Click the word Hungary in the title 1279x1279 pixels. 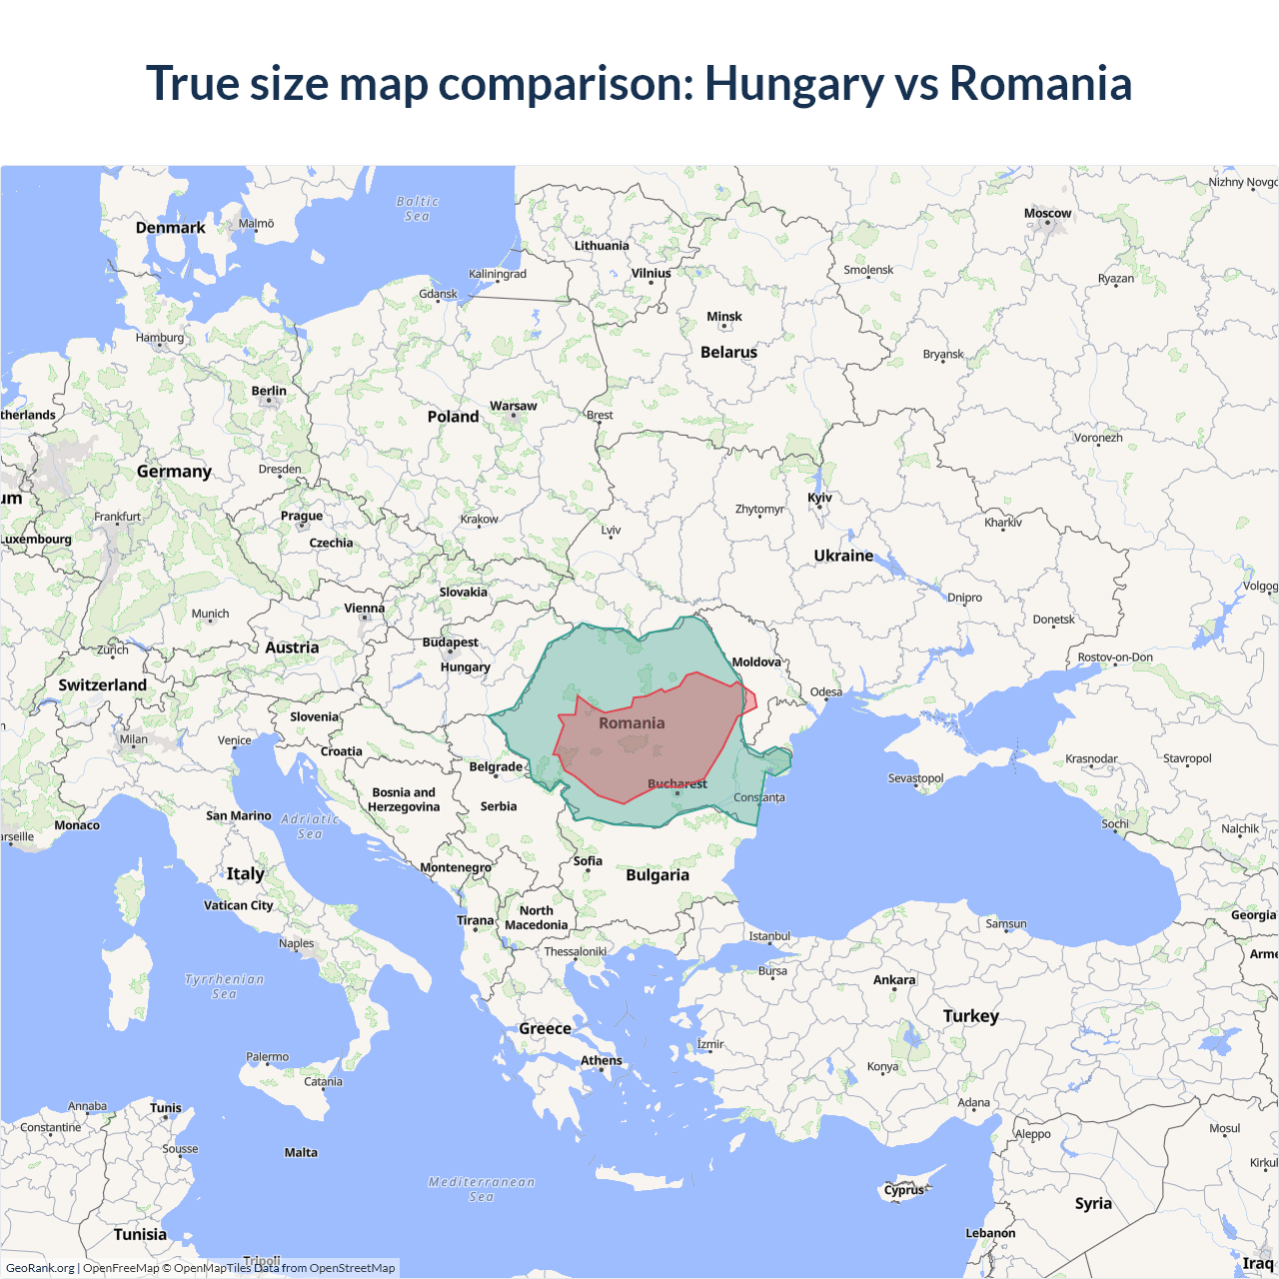coord(793,84)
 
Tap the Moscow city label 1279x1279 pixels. coord(1047,214)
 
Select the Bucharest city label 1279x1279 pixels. coord(677,784)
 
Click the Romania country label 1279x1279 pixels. coord(632,723)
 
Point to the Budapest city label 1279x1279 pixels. coord(450,642)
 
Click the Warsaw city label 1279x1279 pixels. coord(513,406)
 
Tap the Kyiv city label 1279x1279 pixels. coord(819,498)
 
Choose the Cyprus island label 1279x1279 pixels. coord(903,1190)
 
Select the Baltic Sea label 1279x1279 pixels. coord(417,209)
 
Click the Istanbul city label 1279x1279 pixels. coord(769,936)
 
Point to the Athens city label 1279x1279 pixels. coord(602,1060)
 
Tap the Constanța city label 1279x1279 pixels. coord(759,797)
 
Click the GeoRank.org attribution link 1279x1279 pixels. coord(40,1268)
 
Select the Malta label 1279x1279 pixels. coord(301,1153)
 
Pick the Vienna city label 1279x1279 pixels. coord(364,609)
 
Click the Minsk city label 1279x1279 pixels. coord(724,317)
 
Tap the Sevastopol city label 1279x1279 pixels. coord(915,778)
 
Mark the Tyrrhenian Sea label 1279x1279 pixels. coord(225,986)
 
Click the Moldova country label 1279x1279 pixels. coord(756,662)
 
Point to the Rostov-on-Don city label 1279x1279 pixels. coord(1115,657)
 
